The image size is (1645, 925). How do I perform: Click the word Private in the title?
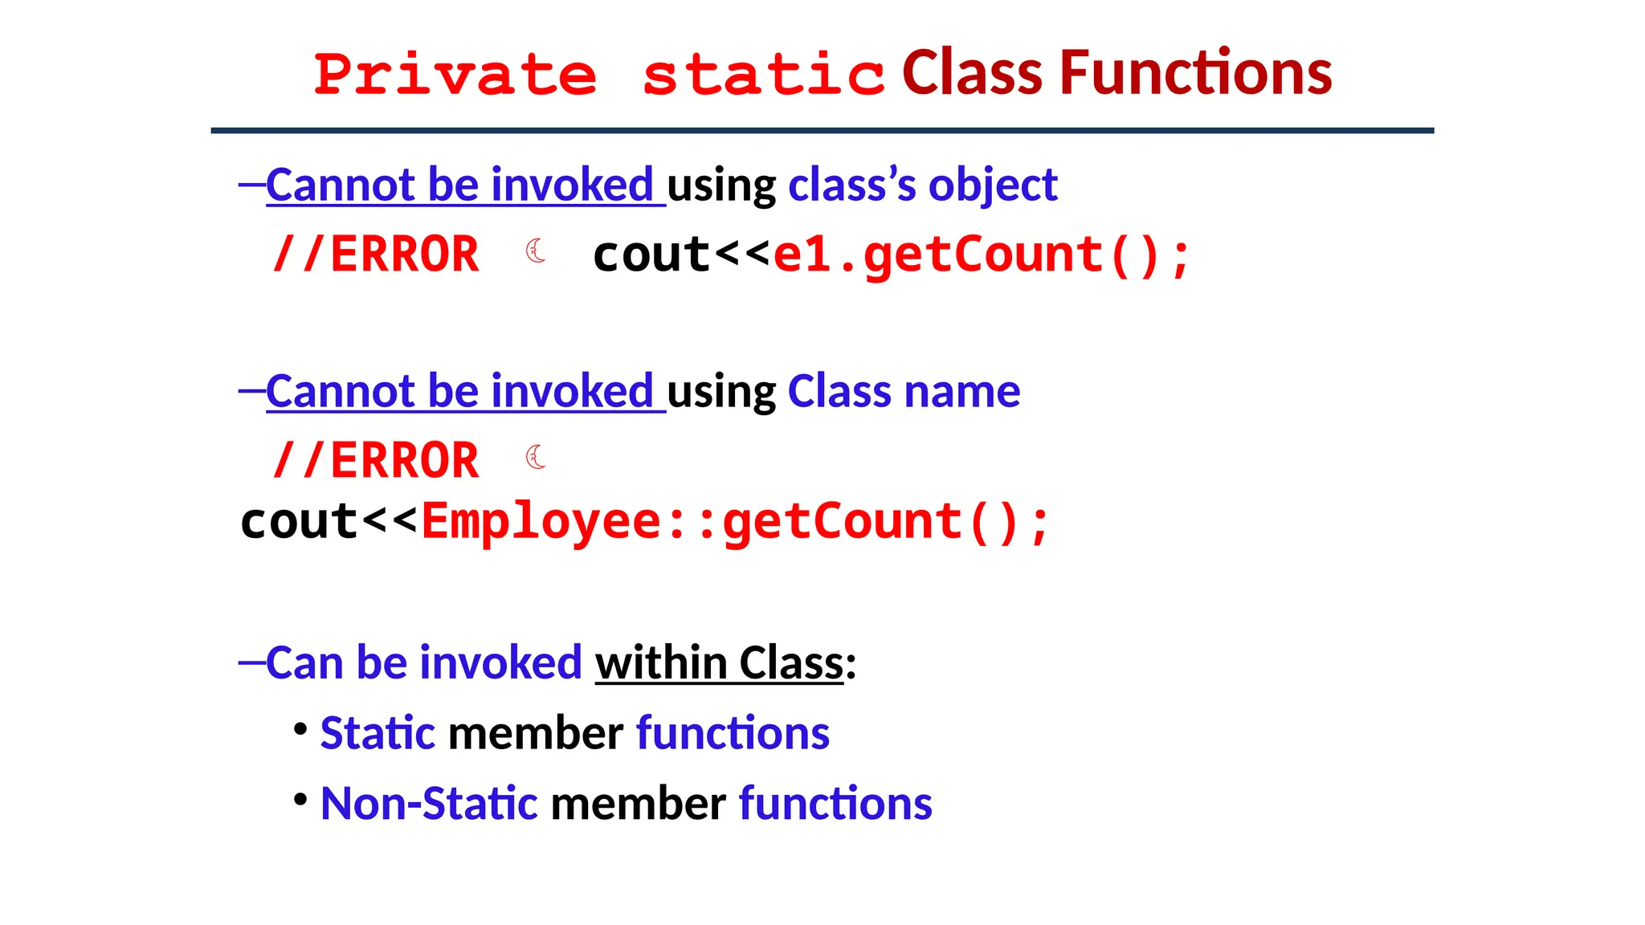(x=455, y=75)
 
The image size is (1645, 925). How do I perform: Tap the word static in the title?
(x=763, y=75)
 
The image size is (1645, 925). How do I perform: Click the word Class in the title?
(x=973, y=73)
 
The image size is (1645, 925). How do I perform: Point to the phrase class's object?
(x=923, y=185)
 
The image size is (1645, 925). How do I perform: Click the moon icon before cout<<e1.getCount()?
(x=536, y=251)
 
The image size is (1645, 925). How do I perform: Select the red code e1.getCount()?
(x=981, y=255)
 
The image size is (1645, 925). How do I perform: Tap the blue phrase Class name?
(x=904, y=391)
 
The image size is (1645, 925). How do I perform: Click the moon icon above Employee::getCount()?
(x=536, y=458)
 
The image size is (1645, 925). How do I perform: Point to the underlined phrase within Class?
(x=719, y=663)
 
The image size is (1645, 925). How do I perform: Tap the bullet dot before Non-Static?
(x=300, y=800)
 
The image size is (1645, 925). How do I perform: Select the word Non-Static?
(x=429, y=803)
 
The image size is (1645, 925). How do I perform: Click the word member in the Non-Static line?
(x=639, y=803)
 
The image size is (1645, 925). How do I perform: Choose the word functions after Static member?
(x=733, y=733)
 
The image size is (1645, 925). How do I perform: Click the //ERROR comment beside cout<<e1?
(x=376, y=255)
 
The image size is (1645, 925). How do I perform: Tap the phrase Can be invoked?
(x=424, y=663)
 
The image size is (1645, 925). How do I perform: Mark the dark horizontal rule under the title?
(x=822, y=130)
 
